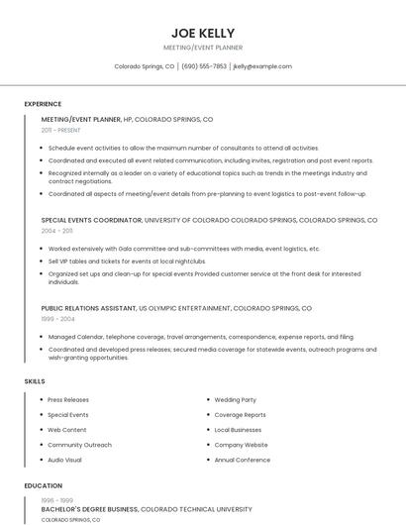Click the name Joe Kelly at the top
[203, 32]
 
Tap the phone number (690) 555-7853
[204, 66]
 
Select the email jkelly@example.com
[262, 66]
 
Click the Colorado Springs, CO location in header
[144, 66]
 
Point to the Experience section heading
[43, 104]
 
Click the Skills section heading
[35, 380]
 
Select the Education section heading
[44, 486]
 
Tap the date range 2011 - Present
[60, 130]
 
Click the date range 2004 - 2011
[56, 230]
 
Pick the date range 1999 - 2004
[57, 319]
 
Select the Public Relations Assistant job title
[88, 308]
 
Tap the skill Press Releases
[68, 400]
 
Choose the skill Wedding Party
[235, 400]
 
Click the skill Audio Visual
[65, 460]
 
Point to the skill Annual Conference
[242, 460]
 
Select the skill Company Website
[241, 445]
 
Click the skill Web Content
[67, 430]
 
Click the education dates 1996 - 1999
[55, 499]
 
